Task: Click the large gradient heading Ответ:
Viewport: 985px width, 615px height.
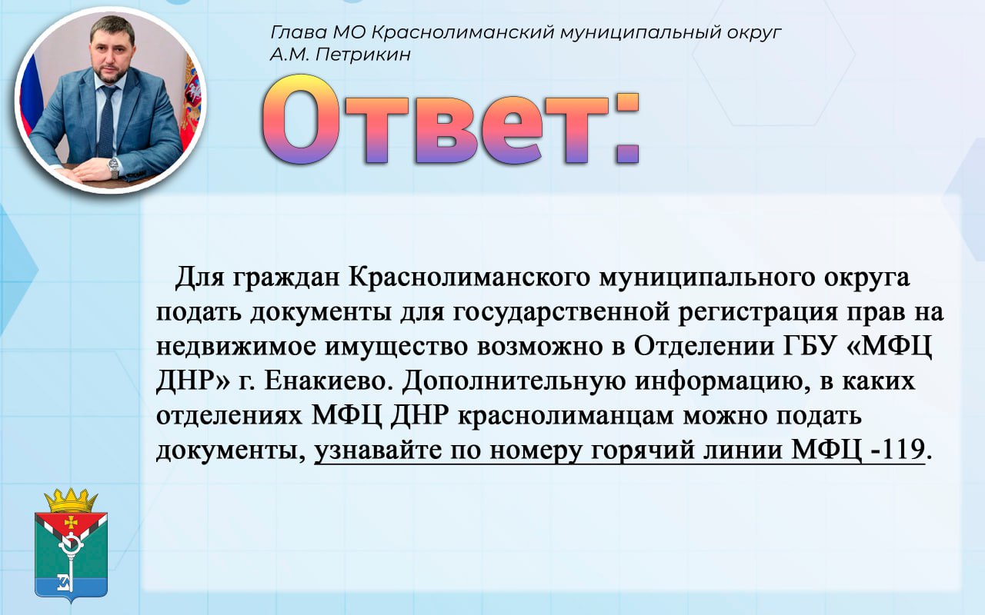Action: pos(450,120)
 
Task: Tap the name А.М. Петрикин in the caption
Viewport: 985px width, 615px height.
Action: pos(340,55)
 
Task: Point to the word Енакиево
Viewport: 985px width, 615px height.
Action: pos(328,381)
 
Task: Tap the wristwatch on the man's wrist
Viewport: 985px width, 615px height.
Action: pos(114,167)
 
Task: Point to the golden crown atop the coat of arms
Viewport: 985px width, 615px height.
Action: pos(71,500)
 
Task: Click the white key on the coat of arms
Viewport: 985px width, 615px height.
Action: pos(70,562)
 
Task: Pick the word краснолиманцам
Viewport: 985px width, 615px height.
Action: pos(566,416)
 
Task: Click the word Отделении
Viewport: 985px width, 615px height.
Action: pos(703,347)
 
